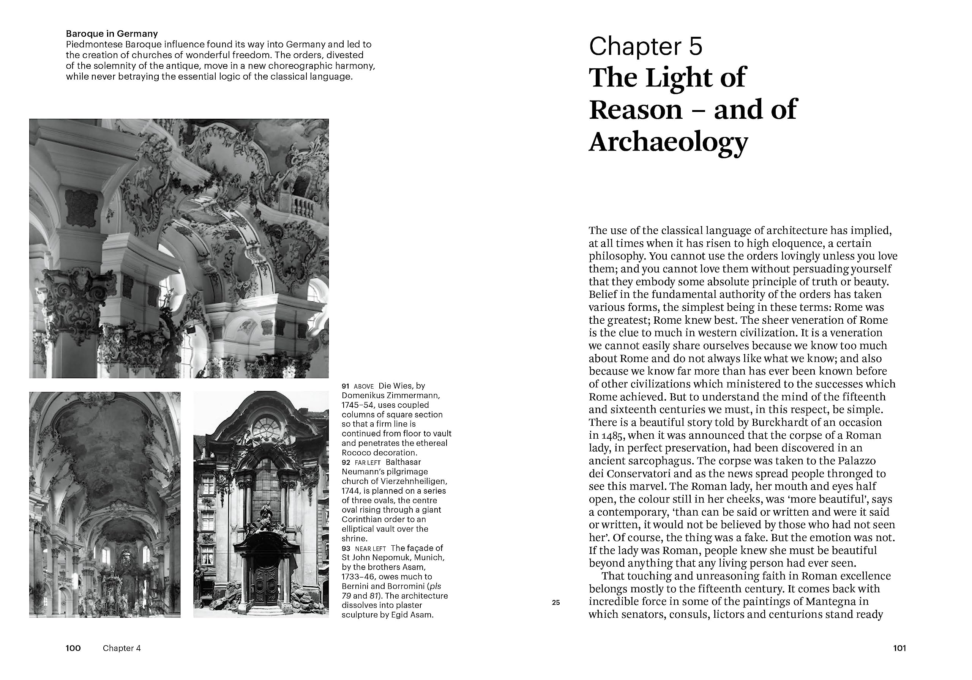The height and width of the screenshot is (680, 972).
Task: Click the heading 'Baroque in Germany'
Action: point(112,34)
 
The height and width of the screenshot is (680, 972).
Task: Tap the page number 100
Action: point(73,648)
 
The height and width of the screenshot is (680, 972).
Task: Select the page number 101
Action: point(899,648)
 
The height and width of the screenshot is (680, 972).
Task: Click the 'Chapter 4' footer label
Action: point(121,648)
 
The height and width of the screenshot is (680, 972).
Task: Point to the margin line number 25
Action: point(556,603)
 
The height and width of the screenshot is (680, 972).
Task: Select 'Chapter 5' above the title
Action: point(645,47)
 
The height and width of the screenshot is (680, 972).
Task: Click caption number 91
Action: point(346,386)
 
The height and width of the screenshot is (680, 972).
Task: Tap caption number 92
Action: point(346,463)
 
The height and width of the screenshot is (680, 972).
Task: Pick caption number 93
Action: point(346,548)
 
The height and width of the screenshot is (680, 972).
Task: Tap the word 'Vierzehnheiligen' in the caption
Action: point(417,482)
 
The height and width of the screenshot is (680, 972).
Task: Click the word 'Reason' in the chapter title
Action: point(636,110)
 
